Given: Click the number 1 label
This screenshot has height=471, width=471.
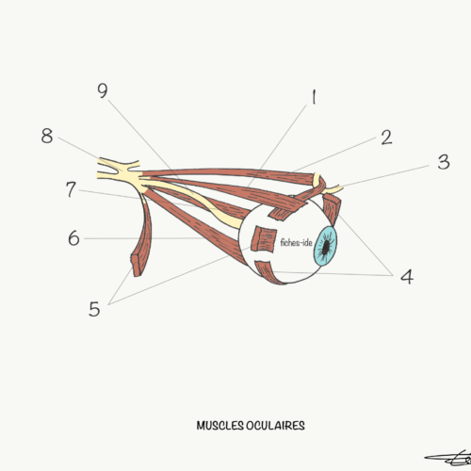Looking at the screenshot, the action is point(314,97).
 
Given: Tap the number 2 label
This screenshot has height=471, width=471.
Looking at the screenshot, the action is point(386,138).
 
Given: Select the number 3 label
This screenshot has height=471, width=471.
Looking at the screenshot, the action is point(444,162).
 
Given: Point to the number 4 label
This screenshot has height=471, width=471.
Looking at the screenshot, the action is point(407,277).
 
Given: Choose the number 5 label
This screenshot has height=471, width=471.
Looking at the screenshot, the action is point(94,309).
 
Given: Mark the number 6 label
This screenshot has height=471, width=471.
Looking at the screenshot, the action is point(73,237).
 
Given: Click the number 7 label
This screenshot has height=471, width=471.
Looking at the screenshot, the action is point(71,189).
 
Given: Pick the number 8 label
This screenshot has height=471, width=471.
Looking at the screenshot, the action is point(47,136).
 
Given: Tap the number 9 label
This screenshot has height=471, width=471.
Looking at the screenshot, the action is point(103,90).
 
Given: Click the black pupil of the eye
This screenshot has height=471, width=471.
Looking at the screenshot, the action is point(326,247).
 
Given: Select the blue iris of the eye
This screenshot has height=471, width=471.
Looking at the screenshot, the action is point(326,247).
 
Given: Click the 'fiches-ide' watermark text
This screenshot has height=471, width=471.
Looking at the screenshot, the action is point(296,242).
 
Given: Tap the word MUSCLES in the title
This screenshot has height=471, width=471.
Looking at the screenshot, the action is point(219,426).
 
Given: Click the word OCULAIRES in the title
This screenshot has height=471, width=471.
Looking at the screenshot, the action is point(275,426).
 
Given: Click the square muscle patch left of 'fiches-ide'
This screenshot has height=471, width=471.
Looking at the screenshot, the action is point(264,238).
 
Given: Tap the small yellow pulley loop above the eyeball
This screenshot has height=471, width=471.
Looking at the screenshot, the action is point(317,181).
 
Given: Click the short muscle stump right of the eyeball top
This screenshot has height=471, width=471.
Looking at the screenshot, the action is point(332,209).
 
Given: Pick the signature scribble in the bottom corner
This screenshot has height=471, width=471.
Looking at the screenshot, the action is point(448,460).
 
